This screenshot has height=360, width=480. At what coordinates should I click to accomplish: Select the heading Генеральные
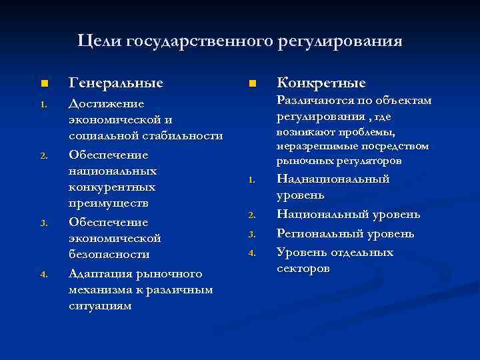116,83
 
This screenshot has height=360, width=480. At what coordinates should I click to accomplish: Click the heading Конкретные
321,83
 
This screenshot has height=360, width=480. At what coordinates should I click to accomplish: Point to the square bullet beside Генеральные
43,84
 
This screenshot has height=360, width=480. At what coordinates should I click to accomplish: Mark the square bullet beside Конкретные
252,84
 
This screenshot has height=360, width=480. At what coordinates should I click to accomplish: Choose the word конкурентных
112,187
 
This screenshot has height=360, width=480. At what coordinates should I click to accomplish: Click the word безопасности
109,255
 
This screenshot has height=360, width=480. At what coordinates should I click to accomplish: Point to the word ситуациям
100,306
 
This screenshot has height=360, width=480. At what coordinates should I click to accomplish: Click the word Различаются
313,101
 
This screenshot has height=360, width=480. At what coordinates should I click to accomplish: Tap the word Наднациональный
333,179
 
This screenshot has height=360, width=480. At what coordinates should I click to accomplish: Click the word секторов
303,269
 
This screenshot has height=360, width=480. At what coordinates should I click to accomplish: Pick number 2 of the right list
252,215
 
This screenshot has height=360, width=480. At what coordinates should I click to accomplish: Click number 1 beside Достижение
43,105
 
